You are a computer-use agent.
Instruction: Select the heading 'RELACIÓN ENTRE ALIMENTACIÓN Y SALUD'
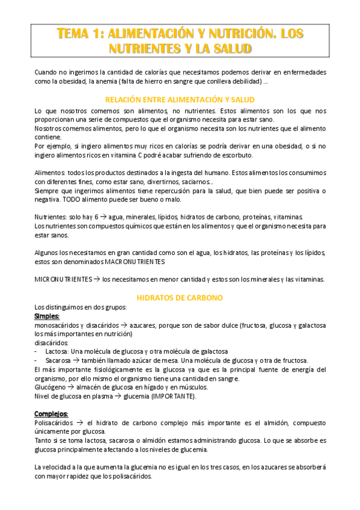(x=180, y=99)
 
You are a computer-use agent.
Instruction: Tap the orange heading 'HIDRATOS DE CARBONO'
(x=180, y=298)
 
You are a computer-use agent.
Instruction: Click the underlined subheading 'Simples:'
(x=47, y=316)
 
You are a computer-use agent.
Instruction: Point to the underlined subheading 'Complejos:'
(x=51, y=414)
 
